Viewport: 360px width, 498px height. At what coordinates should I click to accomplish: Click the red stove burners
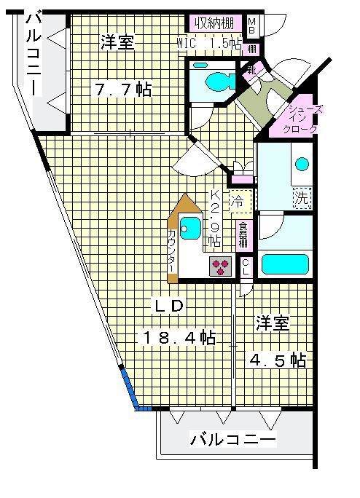pos(221,266)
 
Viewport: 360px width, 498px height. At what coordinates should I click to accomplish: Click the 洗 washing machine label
pos(300,196)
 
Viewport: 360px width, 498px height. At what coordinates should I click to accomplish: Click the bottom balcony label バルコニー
pos(233,440)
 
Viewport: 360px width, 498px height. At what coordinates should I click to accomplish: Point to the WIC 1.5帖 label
pos(210,43)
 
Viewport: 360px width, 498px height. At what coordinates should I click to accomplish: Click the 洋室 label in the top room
pos(117,42)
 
